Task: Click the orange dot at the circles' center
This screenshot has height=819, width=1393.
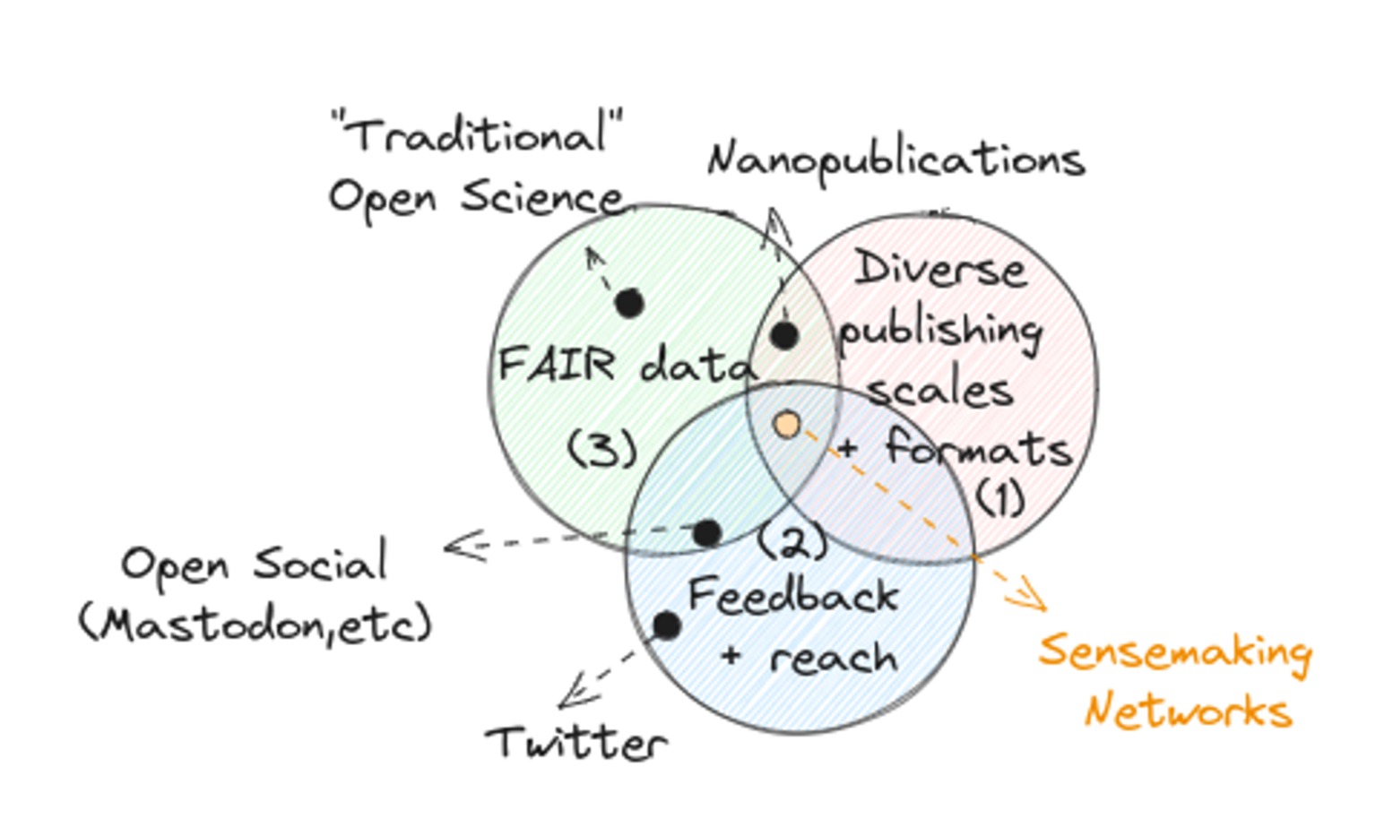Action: coord(787,425)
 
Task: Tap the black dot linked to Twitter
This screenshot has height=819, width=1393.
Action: coord(666,625)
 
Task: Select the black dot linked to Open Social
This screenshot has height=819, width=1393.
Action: coord(707,532)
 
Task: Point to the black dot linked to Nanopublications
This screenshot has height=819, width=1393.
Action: coord(784,335)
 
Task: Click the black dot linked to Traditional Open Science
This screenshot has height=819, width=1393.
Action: coord(629,303)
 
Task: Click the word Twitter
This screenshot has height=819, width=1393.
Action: coord(576,743)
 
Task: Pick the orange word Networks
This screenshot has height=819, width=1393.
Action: coord(1188,711)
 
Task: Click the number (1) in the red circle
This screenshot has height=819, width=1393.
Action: coord(999,497)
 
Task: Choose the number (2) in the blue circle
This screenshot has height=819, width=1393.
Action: coord(792,541)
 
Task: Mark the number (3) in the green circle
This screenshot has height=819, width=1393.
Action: coord(602,448)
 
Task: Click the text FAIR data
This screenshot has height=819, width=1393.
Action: coord(625,366)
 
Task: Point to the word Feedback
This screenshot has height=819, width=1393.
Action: coord(792,597)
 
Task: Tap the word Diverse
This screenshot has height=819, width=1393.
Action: coord(939,268)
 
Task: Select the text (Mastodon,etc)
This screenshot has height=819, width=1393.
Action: coord(256,623)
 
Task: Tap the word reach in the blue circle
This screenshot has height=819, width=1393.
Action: coord(833,659)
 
